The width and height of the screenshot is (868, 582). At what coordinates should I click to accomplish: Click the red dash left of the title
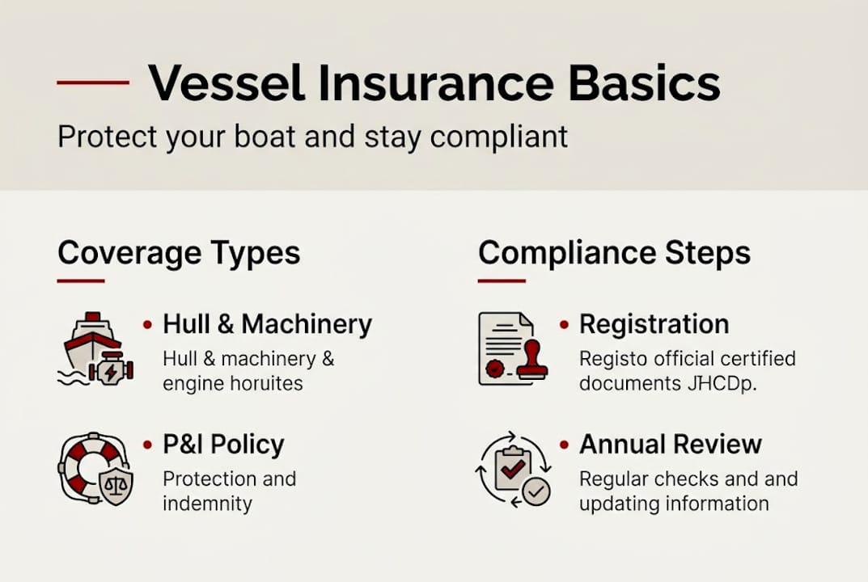(x=93, y=82)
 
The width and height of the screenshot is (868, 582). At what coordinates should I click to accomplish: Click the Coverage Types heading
(x=179, y=253)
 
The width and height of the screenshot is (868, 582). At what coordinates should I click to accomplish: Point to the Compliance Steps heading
(x=614, y=253)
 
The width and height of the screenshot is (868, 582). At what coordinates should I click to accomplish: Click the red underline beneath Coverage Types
(x=81, y=280)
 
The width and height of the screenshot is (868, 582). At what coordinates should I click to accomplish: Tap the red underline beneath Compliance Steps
(x=502, y=280)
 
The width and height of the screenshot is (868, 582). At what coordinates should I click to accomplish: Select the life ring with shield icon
(x=95, y=469)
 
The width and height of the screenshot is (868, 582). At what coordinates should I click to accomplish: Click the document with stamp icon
(x=512, y=348)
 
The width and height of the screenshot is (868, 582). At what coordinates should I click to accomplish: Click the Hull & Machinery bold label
(x=267, y=324)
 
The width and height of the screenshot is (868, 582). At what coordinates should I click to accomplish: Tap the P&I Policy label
(x=223, y=445)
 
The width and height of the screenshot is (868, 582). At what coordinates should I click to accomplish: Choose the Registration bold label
(x=654, y=324)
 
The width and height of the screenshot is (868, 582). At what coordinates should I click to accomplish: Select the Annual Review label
(x=671, y=445)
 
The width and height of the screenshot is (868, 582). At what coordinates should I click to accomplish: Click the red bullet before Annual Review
(x=564, y=445)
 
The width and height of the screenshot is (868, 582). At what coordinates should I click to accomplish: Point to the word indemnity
(x=207, y=504)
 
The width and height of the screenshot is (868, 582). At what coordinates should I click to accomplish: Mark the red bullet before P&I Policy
(x=147, y=445)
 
